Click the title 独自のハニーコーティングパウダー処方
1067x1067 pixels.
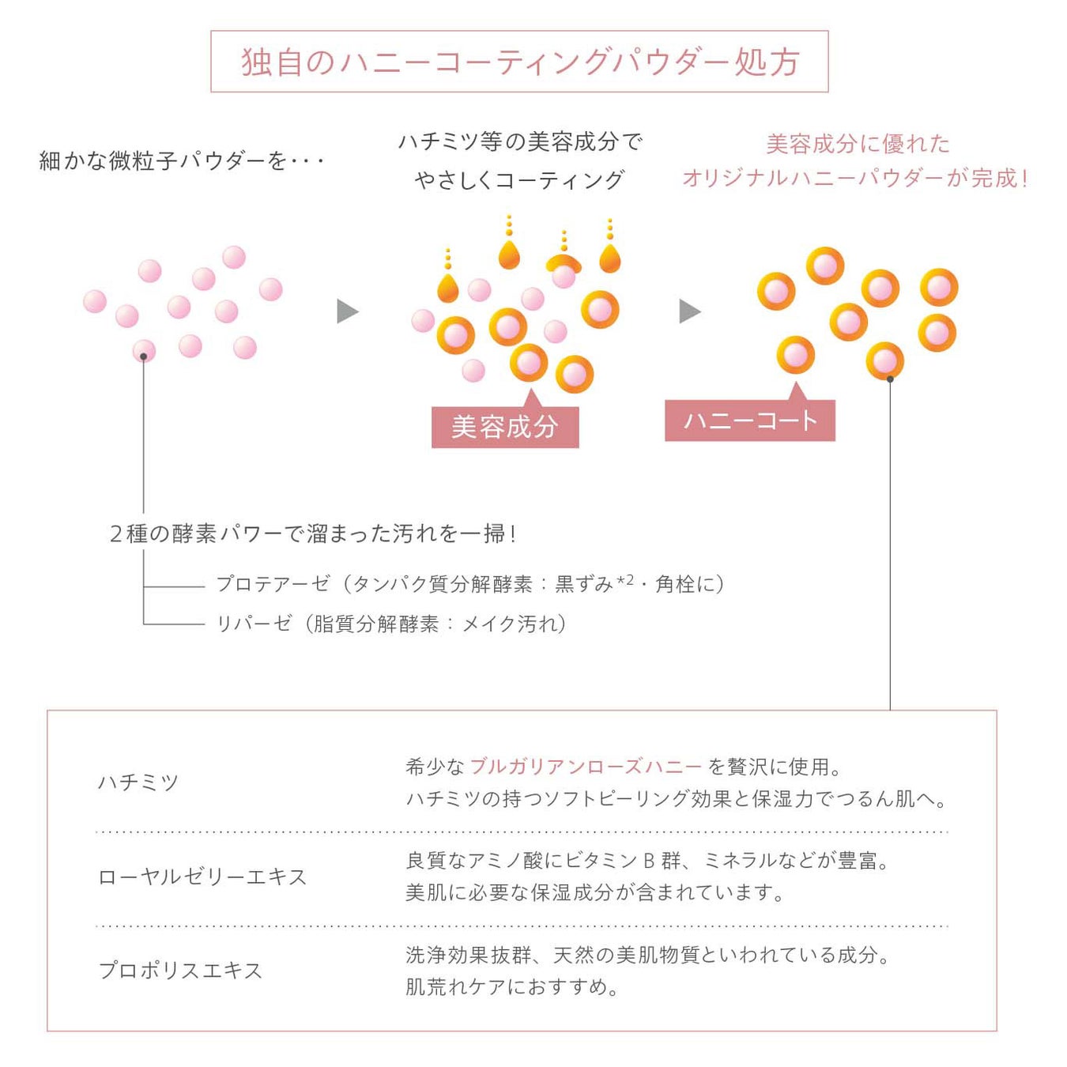[519, 62]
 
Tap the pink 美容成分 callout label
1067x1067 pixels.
[505, 427]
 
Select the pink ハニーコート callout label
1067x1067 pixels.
[749, 420]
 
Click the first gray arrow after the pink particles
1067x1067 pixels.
[347, 311]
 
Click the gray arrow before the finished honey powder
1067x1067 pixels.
[689, 311]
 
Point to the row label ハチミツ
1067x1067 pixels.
[138, 782]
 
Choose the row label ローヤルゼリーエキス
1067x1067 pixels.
[202, 877]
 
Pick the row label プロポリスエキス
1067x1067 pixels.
[180, 971]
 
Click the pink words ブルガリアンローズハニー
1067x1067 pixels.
[586, 767]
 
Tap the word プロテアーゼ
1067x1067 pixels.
[273, 584]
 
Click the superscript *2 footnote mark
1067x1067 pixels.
[625, 580]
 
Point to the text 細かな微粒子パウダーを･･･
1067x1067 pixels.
[182, 161]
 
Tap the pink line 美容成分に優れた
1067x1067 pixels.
[858, 144]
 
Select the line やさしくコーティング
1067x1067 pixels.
[519, 180]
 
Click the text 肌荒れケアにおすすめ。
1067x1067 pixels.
[512, 986]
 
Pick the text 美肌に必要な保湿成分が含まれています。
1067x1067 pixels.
[595, 892]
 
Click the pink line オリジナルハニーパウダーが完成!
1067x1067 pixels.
[855, 178]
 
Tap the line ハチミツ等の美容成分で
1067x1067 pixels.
[520, 142]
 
